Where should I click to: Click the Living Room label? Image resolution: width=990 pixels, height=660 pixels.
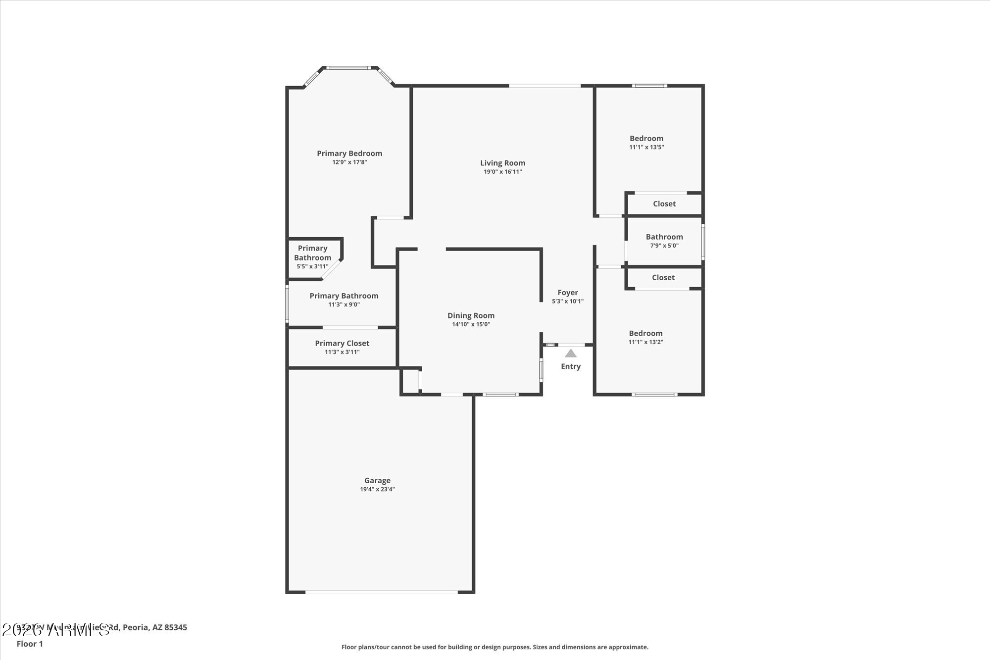[502, 163]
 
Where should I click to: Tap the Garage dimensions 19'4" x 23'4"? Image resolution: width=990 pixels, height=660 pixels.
[377, 489]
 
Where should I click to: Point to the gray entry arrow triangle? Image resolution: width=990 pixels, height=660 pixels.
[571, 354]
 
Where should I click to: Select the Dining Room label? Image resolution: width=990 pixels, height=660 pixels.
[471, 315]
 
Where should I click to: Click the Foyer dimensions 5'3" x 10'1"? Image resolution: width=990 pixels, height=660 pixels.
[568, 301]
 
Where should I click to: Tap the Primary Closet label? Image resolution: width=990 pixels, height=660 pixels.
[342, 343]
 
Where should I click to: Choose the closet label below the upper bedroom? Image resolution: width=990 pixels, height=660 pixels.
[664, 204]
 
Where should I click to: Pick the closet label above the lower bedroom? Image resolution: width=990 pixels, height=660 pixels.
[663, 278]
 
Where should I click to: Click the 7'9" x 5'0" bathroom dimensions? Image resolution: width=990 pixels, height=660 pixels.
[664, 246]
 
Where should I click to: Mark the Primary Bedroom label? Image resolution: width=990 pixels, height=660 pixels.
[349, 153]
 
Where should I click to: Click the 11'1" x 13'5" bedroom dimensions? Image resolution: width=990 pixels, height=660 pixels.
[646, 147]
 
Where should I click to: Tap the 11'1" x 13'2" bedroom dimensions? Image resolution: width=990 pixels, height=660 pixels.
[645, 342]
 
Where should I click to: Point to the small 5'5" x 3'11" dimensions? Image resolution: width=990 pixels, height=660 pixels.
[312, 266]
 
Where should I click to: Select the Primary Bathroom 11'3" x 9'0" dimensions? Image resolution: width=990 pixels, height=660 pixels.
[344, 305]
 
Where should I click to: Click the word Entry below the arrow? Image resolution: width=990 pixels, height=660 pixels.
[571, 366]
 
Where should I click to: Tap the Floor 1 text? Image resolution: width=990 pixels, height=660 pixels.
[30, 644]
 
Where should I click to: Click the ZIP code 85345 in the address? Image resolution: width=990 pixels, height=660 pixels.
[176, 627]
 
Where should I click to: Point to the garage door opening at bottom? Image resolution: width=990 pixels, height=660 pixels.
[381, 592]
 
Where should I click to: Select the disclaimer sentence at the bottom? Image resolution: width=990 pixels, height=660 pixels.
[495, 647]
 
